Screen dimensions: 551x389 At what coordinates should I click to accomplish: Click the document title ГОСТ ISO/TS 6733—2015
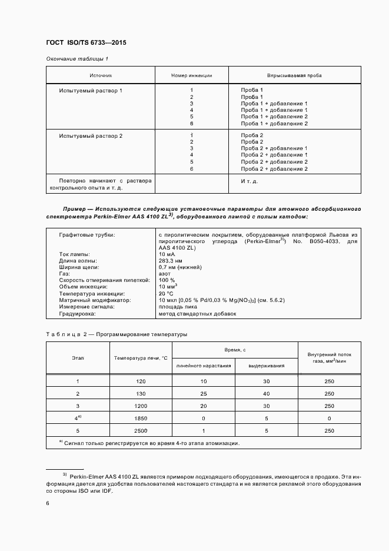[x=86, y=43]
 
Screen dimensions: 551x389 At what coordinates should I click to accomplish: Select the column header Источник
[x=100, y=76]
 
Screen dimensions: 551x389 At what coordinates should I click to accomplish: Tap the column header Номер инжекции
[x=191, y=76]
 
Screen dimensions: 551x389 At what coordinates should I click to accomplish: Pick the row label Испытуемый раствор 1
[x=91, y=90]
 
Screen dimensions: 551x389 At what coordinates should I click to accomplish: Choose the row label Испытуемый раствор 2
[x=91, y=136]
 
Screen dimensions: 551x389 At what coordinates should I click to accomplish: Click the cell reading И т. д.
[x=249, y=181]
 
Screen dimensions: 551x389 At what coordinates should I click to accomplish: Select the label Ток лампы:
[x=74, y=254]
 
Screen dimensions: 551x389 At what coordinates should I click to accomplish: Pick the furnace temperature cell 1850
[x=141, y=417]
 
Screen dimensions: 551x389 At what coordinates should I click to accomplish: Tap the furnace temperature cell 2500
[x=141, y=430]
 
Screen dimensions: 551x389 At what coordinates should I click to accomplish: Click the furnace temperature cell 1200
[x=141, y=406]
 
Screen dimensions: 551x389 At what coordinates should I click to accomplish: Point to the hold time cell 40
[x=266, y=393]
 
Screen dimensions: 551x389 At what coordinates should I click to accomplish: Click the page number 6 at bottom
[x=48, y=503]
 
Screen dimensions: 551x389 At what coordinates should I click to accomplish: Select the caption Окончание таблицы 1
[x=77, y=59]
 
